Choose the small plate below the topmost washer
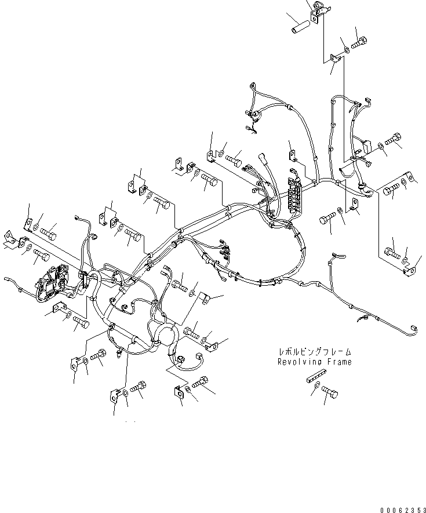tap(336, 58)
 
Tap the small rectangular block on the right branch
tap(365, 148)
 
